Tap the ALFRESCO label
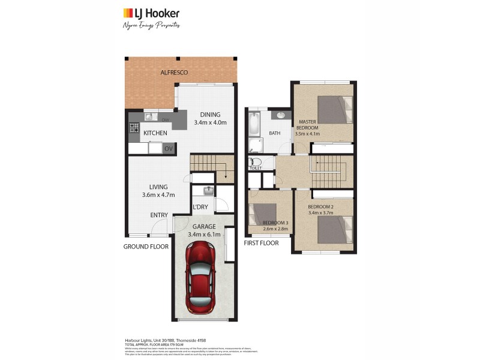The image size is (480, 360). [x=174, y=73]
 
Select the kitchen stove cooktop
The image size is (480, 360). [x=134, y=127]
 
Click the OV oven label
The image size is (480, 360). [x=169, y=148]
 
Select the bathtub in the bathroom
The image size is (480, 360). [x=254, y=124]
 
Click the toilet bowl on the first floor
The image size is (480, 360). [x=255, y=162]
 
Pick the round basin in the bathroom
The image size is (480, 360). [x=281, y=116]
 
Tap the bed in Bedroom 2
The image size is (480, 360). [x=334, y=230]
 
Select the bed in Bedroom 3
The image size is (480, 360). [x=263, y=214]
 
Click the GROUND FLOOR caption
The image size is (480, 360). [x=145, y=247]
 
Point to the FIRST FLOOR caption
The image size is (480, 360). [x=261, y=243]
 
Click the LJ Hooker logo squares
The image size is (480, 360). [x=128, y=13]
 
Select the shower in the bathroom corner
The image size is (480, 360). [x=256, y=145]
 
